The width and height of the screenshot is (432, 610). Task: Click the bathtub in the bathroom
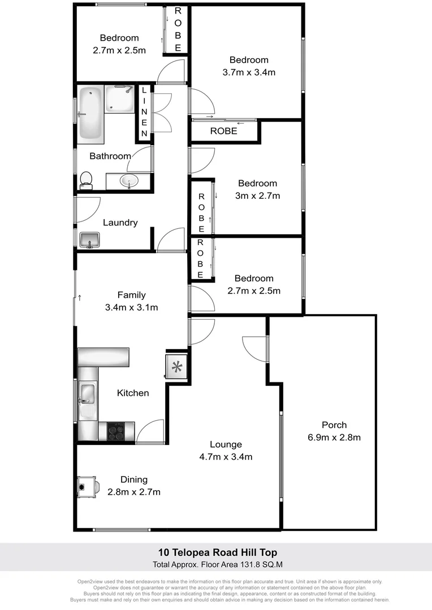[x=91, y=114]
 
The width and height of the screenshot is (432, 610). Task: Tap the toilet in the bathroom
[x=86, y=180]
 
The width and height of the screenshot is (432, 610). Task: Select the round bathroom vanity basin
[x=129, y=182]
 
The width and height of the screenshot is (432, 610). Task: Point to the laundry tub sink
[x=89, y=239]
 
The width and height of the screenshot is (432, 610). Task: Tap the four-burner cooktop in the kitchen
[x=116, y=432]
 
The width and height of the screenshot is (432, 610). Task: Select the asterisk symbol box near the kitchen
[x=177, y=368]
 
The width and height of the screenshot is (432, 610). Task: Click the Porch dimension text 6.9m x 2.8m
[x=334, y=437]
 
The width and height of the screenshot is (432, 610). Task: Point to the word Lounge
[x=226, y=445]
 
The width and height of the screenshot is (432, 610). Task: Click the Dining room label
[x=133, y=480]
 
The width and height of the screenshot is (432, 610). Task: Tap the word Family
[x=131, y=295]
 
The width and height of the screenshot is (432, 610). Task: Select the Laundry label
[x=120, y=223]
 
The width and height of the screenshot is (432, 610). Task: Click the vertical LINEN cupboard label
[x=144, y=112]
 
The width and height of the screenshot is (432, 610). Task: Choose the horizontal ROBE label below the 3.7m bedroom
[x=223, y=131]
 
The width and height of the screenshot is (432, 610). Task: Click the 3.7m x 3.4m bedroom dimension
[x=249, y=72]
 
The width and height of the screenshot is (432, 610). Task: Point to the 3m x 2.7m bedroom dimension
[x=257, y=196]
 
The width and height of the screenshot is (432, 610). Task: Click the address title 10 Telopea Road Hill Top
[x=217, y=552]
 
